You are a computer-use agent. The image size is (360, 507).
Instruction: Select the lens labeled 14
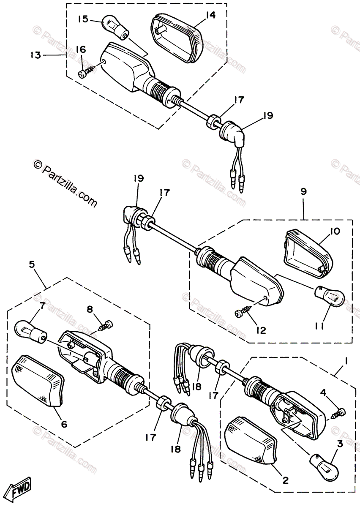[x=176, y=38]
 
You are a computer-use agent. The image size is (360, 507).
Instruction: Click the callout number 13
[x=35, y=55]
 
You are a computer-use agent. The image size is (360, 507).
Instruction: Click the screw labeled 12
[x=243, y=313]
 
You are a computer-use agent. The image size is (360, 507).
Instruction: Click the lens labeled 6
[x=39, y=379]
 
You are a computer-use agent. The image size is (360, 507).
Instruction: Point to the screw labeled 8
[x=106, y=325]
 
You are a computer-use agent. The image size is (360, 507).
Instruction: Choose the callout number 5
[x=32, y=265]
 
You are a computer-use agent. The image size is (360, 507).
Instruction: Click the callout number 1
[x=346, y=362]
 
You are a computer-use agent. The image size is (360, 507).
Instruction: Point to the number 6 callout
[x=64, y=424]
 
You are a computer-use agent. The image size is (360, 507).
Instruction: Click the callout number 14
[x=210, y=15]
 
